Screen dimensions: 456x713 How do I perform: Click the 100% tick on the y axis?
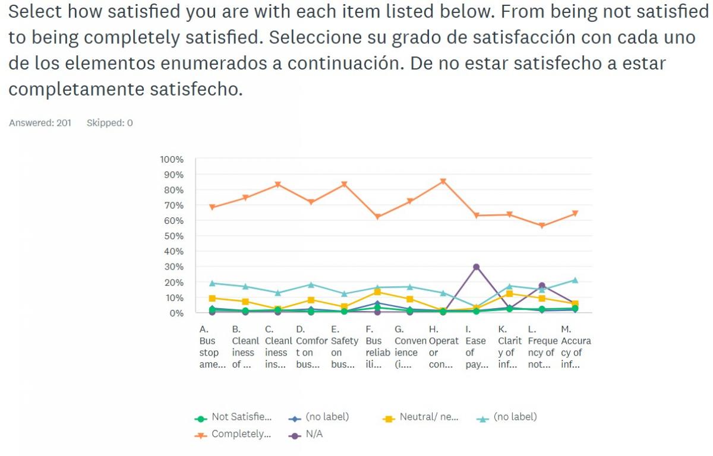click(172, 159)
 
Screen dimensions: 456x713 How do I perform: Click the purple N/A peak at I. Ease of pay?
click(476, 267)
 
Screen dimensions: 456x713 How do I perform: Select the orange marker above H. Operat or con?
click(443, 182)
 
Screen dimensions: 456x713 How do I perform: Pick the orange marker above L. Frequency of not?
click(541, 226)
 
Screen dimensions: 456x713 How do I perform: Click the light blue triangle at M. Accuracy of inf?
click(574, 280)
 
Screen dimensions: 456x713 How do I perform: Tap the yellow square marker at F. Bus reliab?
click(377, 292)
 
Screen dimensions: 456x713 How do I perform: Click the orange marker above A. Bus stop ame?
click(212, 207)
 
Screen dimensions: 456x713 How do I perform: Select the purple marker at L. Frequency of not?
click(541, 286)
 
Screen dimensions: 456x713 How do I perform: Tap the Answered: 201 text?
click(40, 123)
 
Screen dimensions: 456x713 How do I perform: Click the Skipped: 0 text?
click(109, 123)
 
